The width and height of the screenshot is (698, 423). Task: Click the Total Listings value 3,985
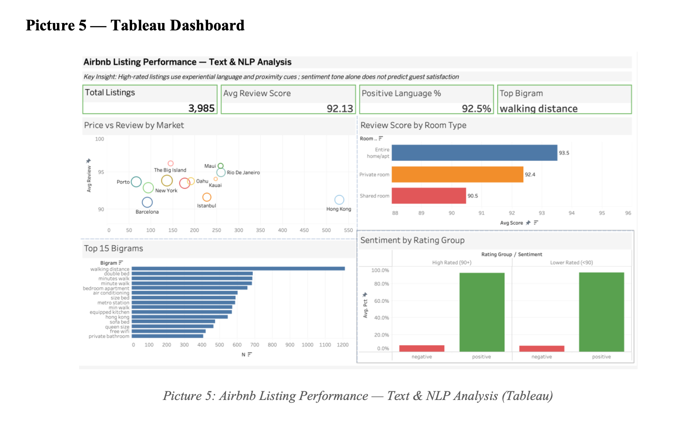tap(201, 108)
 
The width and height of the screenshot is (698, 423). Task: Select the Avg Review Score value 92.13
tap(340, 109)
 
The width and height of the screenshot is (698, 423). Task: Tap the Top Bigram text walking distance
tap(538, 109)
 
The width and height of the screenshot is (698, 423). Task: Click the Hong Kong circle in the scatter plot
tap(339, 200)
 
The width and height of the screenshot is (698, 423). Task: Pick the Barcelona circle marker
tap(147, 202)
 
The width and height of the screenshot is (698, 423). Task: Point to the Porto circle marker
tap(136, 182)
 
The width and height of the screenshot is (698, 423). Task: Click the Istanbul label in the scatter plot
tap(206, 206)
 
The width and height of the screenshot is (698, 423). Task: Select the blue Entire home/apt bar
tap(474, 153)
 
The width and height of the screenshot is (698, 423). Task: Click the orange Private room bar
tap(457, 175)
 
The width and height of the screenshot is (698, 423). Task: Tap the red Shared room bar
tap(429, 196)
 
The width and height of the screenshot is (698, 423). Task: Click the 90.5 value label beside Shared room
tap(473, 196)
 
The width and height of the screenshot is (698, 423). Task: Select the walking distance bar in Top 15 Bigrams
tap(238, 269)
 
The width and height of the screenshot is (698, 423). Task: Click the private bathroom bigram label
tap(109, 336)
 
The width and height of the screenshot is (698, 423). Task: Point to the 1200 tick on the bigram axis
tap(342, 345)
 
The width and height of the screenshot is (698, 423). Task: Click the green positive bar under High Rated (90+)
tap(482, 312)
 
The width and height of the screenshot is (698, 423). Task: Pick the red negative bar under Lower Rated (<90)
tap(542, 348)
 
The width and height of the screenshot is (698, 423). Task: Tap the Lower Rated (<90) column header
tap(571, 262)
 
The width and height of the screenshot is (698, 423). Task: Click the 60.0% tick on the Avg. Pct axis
tap(382, 301)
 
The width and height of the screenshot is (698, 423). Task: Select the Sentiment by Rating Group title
tap(412, 240)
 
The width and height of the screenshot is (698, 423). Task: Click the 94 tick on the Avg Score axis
tap(572, 213)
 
